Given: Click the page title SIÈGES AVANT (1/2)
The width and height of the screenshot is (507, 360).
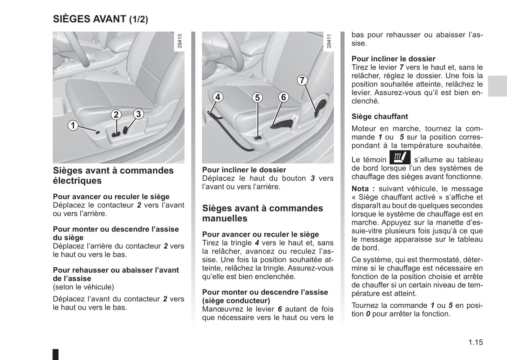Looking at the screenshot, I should [100, 19].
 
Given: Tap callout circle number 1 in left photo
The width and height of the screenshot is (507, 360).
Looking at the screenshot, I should [73, 125].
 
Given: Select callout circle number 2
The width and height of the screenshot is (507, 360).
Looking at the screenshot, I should [116, 115].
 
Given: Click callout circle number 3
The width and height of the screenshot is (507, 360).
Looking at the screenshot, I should [138, 114].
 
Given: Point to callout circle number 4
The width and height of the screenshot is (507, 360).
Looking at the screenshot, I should [218, 97].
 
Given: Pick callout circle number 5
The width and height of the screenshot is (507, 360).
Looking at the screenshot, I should [257, 98].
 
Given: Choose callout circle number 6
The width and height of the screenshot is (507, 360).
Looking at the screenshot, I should [283, 97].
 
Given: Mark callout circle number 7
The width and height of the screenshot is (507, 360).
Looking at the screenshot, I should [302, 80].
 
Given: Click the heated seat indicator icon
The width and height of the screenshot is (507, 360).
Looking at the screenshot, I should [400, 157].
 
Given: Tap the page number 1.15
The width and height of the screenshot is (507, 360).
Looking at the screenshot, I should [475, 342].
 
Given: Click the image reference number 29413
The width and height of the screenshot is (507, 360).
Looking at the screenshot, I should [180, 41].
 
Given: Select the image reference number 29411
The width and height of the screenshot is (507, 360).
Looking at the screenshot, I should [329, 41].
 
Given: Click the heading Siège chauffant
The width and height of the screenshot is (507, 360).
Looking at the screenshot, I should [380, 116].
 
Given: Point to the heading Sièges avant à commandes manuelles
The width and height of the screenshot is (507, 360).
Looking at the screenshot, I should [262, 213].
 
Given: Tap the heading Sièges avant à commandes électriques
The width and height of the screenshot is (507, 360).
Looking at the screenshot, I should [113, 175].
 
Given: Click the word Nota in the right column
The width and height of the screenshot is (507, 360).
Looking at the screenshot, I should [360, 189].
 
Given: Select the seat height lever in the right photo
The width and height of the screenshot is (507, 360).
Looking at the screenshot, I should [282, 124].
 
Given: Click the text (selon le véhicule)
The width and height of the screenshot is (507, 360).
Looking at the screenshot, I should [84, 287].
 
